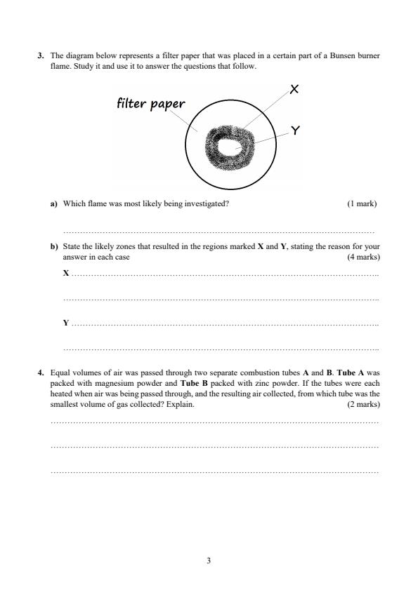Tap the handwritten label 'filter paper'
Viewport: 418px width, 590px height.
coord(150,104)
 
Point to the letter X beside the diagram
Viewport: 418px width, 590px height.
coord(294,89)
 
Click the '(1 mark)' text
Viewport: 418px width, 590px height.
coord(362,204)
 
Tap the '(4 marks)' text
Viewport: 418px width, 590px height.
coord(363,257)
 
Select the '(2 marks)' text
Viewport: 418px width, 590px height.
coord(363,405)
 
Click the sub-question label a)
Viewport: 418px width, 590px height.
coord(53,204)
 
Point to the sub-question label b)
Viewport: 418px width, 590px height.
coord(53,247)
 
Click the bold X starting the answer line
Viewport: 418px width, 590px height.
coord(66,273)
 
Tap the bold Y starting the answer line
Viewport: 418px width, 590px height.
coord(66,323)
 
